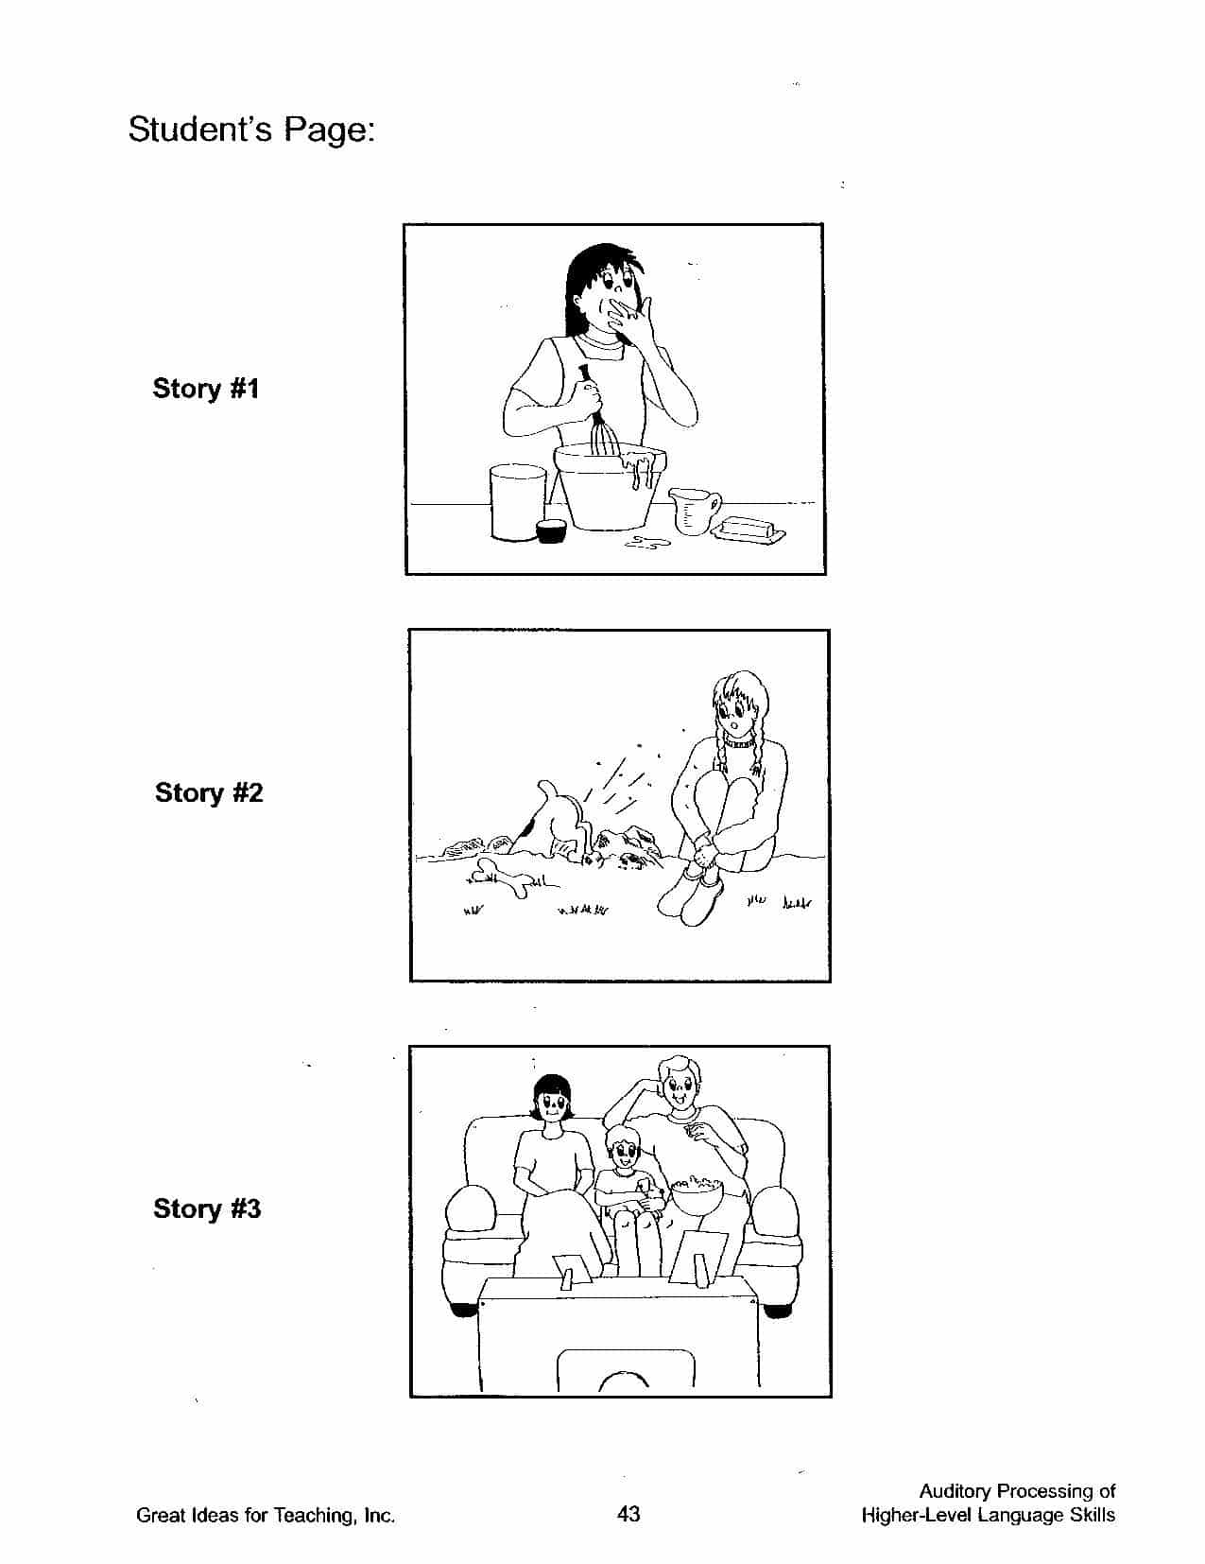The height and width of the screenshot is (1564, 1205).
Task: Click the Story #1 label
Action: click(206, 389)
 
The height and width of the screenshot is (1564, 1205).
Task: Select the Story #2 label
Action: click(209, 792)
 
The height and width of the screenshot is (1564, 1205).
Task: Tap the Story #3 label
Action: click(206, 1208)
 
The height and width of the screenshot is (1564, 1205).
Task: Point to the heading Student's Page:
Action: click(251, 130)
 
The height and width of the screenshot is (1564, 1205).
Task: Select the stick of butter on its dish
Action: click(749, 531)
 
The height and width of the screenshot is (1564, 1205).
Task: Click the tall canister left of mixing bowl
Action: click(517, 502)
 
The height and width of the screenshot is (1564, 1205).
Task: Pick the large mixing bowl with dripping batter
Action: click(610, 486)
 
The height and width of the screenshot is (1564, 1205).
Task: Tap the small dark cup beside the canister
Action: click(551, 530)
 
